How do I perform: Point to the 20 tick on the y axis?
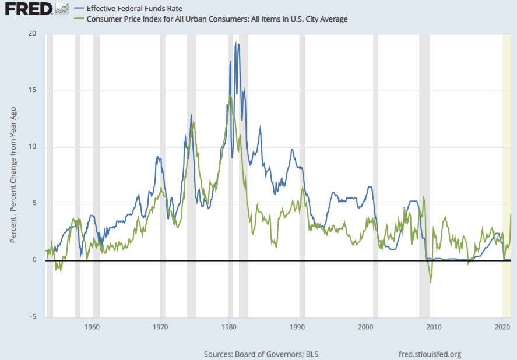point(33,34)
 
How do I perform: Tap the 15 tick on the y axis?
point(33,90)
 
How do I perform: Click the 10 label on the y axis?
point(33,147)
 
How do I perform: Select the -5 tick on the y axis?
point(34,317)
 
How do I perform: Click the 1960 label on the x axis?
point(92,327)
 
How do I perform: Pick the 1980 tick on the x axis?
point(229,327)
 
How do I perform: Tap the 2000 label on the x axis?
point(365,327)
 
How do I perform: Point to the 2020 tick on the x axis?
point(502,327)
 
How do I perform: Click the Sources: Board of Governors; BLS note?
point(261,354)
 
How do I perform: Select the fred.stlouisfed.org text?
point(430,354)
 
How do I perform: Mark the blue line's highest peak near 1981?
point(236,43)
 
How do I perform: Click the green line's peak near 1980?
point(231,96)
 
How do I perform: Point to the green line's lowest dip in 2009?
point(431,283)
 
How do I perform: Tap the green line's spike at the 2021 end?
point(511,214)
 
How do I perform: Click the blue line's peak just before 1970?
point(157,157)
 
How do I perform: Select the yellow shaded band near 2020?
point(507,175)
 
